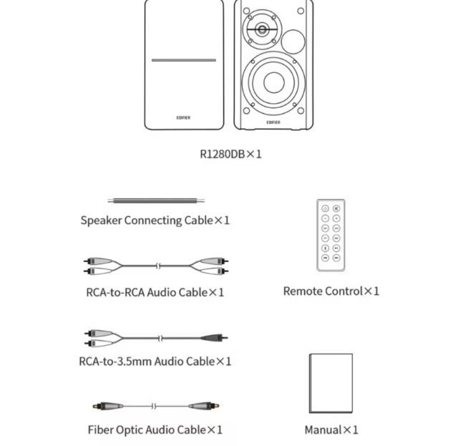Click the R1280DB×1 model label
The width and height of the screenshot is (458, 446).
[230, 153]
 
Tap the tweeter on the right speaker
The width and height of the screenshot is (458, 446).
[262, 31]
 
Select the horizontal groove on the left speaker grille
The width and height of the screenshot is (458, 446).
[183, 60]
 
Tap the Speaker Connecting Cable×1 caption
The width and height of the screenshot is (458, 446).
[155, 220]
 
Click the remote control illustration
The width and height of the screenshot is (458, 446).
[331, 235]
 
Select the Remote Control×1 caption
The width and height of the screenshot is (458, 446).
[331, 291]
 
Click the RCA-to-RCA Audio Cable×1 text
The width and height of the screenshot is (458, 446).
[155, 292]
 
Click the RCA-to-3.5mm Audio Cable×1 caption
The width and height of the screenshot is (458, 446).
[155, 361]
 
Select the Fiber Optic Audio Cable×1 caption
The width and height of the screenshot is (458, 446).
[155, 430]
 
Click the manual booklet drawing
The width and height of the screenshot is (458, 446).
[330, 379]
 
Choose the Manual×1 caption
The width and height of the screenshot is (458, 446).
[331, 430]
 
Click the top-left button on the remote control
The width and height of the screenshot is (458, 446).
[325, 208]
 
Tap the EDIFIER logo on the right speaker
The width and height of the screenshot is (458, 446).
[273, 122]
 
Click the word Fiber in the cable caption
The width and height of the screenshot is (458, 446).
[101, 430]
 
